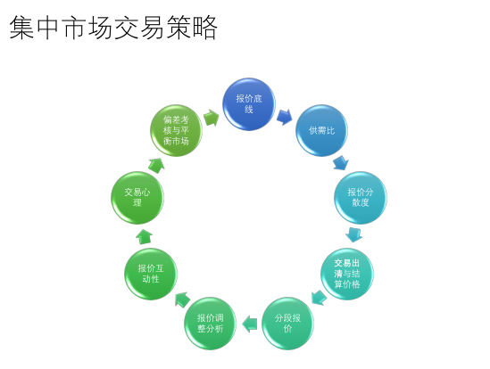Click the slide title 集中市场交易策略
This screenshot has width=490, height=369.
pyautogui.click(x=113, y=28)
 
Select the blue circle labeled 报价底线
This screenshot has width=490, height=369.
pyautogui.click(x=249, y=104)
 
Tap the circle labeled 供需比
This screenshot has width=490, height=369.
pyautogui.click(x=322, y=130)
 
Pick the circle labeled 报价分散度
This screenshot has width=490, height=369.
pyautogui.click(x=361, y=197)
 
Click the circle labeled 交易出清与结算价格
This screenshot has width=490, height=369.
pyautogui.click(x=347, y=274)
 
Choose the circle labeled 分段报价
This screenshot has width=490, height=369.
pyautogui.click(x=287, y=324)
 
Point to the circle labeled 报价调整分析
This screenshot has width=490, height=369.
pyautogui.click(x=210, y=324)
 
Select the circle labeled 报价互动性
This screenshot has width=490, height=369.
pyautogui.click(x=151, y=274)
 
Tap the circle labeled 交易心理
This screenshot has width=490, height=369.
pyautogui.click(x=137, y=197)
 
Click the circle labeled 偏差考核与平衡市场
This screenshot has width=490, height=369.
pyautogui.click(x=176, y=130)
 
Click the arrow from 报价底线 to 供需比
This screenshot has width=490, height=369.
pyautogui.click(x=285, y=117)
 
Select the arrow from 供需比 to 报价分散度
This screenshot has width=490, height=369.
pyautogui.click(x=341, y=163)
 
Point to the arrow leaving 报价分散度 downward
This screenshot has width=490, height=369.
pyautogui.click(x=354, y=234)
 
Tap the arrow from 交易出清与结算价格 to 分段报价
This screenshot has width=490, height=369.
pyautogui.click(x=319, y=298)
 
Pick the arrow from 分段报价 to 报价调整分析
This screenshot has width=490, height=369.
pyautogui.click(x=250, y=324)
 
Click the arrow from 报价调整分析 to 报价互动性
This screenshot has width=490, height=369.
pyautogui.click(x=182, y=300)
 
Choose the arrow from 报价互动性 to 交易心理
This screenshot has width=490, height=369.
pyautogui.click(x=144, y=236)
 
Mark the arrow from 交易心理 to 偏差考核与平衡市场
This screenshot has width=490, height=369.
pyautogui.click(x=156, y=166)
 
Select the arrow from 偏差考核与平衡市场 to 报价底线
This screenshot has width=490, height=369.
pyautogui.click(x=212, y=118)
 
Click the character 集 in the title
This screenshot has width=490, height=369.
pyautogui.click(x=21, y=28)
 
